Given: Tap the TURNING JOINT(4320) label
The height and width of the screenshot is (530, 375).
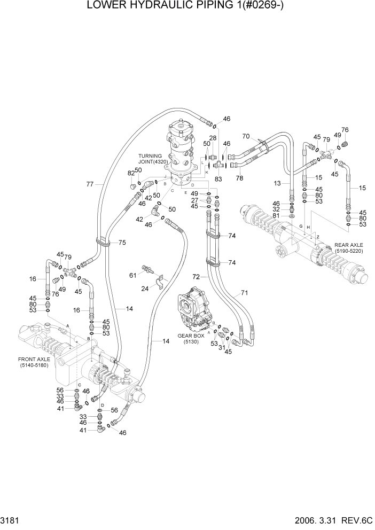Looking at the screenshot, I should pyautogui.click(x=153, y=159).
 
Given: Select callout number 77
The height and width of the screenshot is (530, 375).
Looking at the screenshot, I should pyautogui.click(x=90, y=184).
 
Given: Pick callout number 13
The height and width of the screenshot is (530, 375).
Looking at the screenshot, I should pyautogui.click(x=277, y=183).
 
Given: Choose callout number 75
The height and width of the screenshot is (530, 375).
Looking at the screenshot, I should pyautogui.click(x=122, y=243).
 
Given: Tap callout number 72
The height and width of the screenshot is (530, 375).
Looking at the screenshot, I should pyautogui.click(x=196, y=277).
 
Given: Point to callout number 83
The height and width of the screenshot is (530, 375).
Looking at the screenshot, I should pyautogui.click(x=218, y=179).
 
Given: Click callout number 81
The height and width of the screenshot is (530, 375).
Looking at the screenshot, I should pyautogui.click(x=276, y=216).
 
